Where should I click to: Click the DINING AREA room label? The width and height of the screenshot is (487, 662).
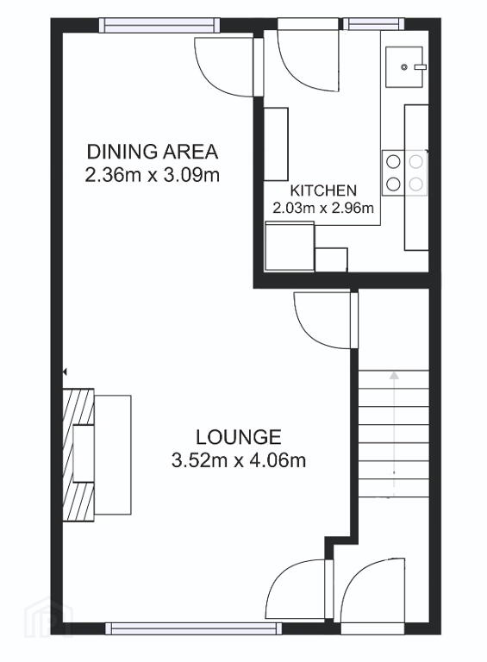153,152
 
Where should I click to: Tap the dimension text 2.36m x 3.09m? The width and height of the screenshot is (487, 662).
153,175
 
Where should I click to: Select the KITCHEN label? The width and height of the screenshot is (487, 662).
323,190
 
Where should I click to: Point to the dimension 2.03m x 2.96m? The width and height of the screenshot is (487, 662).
323,208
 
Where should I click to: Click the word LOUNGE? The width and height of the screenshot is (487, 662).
239,437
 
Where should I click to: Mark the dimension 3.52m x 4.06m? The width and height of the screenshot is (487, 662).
239,460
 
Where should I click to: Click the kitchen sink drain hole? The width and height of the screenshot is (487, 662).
404,66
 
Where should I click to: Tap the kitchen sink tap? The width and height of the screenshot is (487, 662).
421,66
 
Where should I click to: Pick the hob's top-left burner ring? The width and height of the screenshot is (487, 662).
393,161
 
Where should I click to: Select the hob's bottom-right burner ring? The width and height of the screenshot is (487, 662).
416,184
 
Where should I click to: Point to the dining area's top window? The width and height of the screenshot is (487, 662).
159,25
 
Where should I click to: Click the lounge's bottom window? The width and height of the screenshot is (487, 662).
193,629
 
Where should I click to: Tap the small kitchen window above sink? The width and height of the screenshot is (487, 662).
373,24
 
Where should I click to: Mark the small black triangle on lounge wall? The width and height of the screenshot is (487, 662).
65,372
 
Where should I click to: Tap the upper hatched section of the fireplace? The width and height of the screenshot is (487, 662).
78,407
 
